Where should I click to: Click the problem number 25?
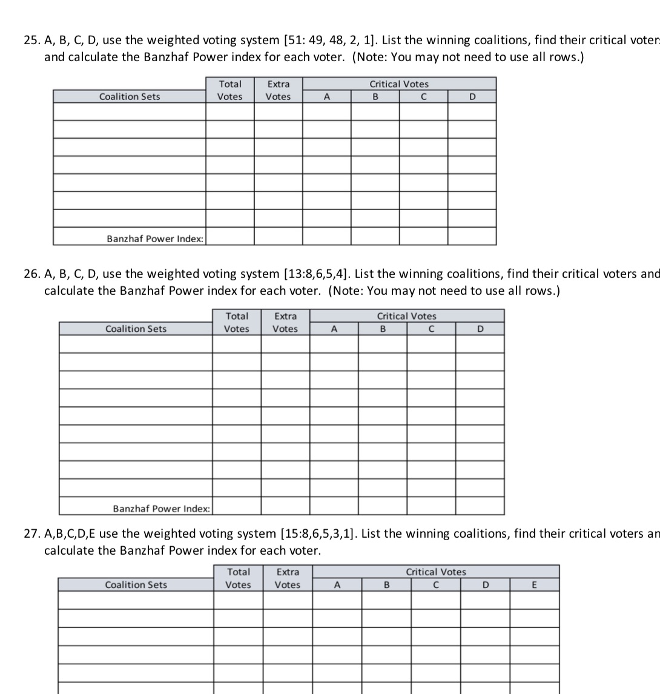(31, 41)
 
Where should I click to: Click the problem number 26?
(31, 274)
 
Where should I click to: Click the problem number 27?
(31, 534)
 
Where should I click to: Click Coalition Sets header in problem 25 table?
(130, 97)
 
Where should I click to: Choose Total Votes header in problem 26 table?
(237, 323)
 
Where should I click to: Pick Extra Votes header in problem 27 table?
(287, 578)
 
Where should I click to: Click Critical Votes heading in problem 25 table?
(399, 84)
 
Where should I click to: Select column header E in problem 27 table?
(534, 585)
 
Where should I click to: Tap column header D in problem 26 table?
(480, 329)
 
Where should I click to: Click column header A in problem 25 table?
(326, 97)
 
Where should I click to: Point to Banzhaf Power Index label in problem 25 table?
(156, 239)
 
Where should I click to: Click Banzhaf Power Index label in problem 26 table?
(162, 509)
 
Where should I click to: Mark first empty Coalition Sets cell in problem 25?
(130, 112)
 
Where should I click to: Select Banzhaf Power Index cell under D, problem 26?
(480, 506)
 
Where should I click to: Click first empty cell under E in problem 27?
(534, 600)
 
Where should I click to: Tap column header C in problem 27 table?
(435, 585)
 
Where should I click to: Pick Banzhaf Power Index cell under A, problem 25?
(326, 236)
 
